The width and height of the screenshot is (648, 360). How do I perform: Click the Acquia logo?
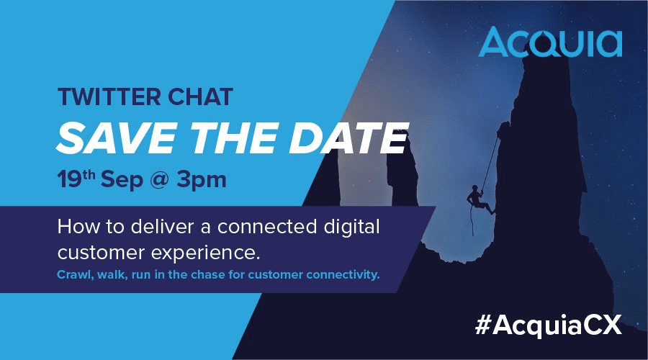click(x=550, y=42)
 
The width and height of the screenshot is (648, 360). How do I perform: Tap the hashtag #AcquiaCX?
click(x=549, y=325)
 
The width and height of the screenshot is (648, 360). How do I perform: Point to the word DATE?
click(x=348, y=138)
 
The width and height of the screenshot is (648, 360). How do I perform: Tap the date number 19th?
click(x=76, y=179)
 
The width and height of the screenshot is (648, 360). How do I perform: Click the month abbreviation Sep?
click(x=122, y=181)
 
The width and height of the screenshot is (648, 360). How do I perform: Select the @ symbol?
click(x=159, y=180)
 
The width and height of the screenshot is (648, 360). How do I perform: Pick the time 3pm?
click(x=202, y=181)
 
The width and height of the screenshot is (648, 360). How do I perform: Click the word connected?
click(x=267, y=227)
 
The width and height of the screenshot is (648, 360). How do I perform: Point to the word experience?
click(x=205, y=253)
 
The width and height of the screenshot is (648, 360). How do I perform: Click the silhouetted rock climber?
click(x=480, y=200)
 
